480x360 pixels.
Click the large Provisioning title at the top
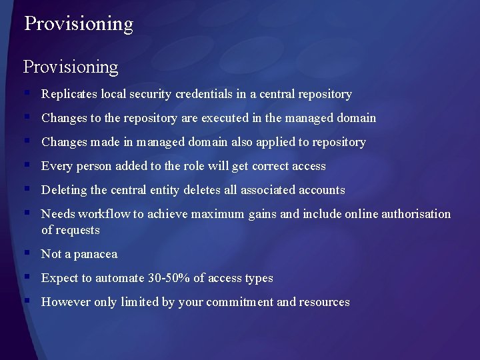tap(79, 24)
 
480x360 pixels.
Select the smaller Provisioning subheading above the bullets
tap(71, 67)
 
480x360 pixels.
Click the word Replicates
tap(69, 94)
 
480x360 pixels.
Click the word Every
tap(56, 166)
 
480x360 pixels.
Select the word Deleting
tap(64, 190)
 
